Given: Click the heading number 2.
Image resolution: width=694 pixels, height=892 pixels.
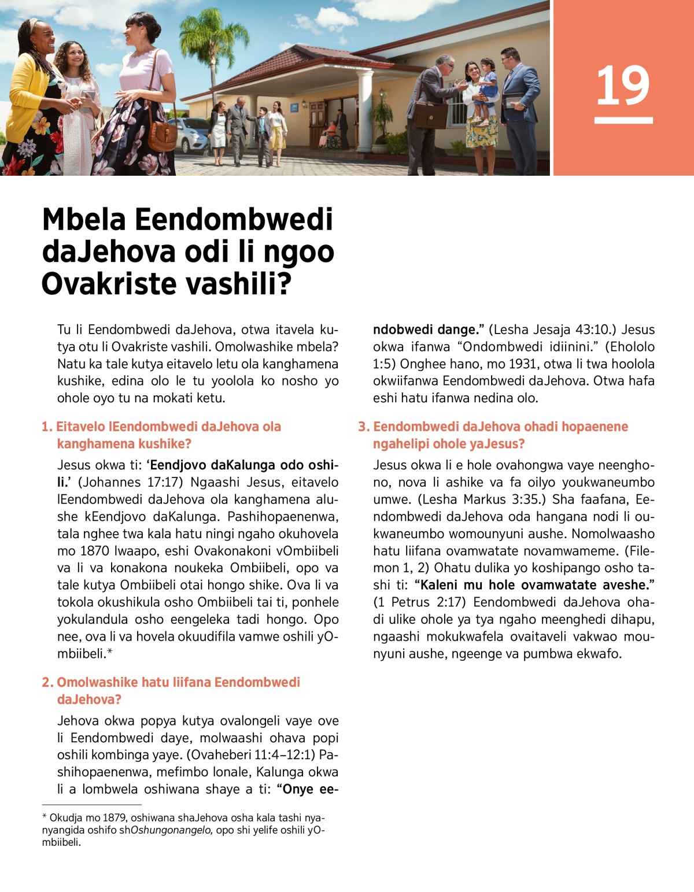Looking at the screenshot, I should [47, 682].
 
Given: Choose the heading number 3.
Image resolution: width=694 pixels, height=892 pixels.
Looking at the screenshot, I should [363, 427].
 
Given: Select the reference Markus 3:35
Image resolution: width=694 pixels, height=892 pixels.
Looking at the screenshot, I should [484, 499].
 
